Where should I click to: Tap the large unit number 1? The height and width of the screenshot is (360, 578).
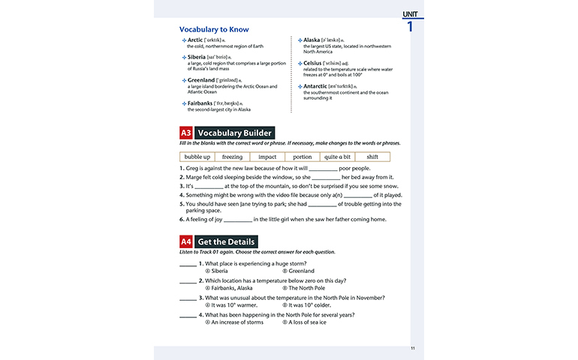tap(410, 27)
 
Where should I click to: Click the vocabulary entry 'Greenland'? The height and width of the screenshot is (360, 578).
tap(201, 79)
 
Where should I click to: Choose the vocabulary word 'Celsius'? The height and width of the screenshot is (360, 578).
tap(315, 63)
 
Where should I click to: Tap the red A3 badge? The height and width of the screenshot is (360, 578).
tap(186, 133)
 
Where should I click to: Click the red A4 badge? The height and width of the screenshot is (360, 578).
tap(186, 241)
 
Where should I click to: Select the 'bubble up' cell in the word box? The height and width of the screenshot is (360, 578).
tap(197, 157)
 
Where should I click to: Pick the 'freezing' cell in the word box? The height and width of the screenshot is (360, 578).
tap(232, 157)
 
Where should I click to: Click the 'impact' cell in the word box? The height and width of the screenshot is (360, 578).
tap(267, 157)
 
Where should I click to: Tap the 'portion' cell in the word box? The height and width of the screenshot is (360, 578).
tap(302, 157)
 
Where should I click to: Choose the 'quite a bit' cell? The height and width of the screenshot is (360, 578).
tap(337, 157)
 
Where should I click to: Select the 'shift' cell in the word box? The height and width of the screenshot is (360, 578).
tap(372, 157)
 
